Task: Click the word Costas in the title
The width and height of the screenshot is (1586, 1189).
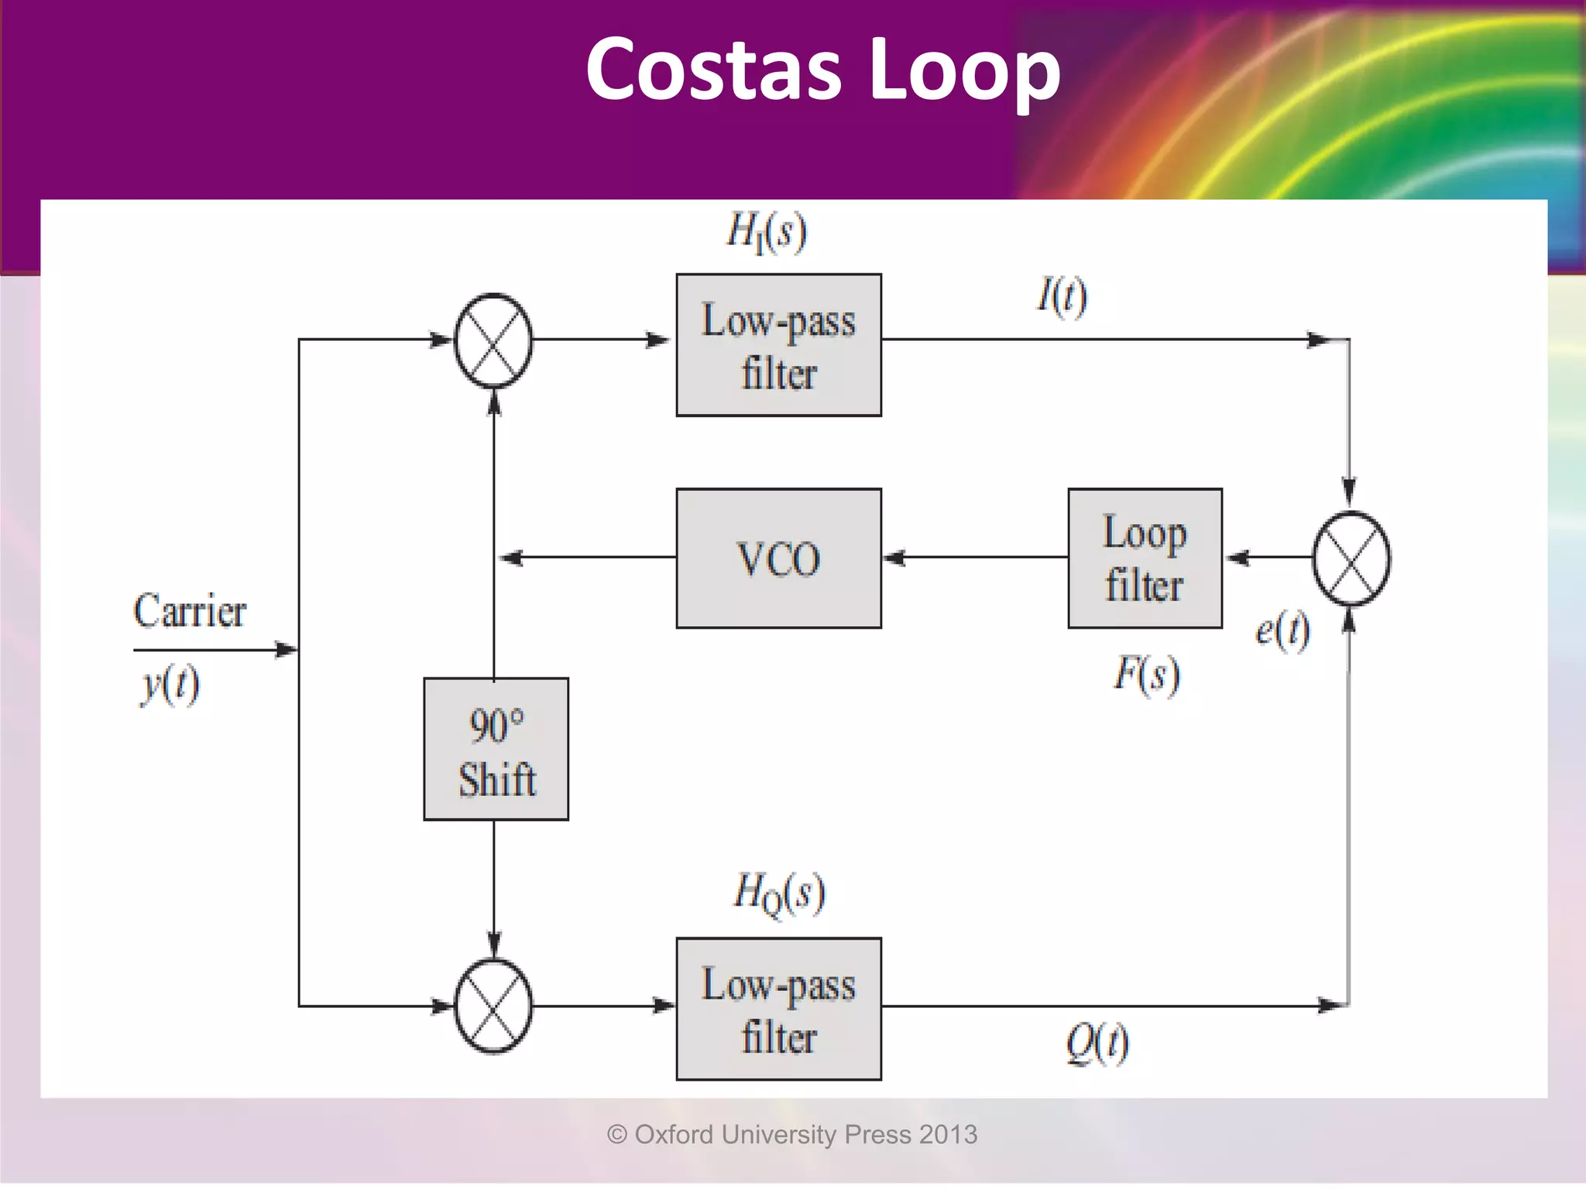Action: point(712,70)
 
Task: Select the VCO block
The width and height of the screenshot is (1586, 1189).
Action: point(778,558)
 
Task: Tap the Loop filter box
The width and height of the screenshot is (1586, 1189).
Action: point(1145,558)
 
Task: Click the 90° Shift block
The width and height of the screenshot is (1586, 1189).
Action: point(496,749)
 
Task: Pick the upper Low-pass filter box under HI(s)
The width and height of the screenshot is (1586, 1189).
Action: point(778,345)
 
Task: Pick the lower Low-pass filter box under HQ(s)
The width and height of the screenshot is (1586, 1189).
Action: point(778,1009)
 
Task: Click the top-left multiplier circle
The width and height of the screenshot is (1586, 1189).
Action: point(493,341)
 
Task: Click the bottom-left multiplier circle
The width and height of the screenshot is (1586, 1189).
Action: point(493,1006)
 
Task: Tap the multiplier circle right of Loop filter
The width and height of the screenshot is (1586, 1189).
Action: point(1351,558)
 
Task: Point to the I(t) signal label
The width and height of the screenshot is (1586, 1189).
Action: point(1062,296)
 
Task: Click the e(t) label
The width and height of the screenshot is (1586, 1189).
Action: point(1282,630)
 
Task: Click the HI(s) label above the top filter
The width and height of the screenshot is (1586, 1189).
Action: point(766,231)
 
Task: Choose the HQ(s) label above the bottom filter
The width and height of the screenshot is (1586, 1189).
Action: point(778,893)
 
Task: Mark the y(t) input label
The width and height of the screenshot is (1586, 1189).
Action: point(170,684)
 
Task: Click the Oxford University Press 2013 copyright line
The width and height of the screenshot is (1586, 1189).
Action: point(791,1135)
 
